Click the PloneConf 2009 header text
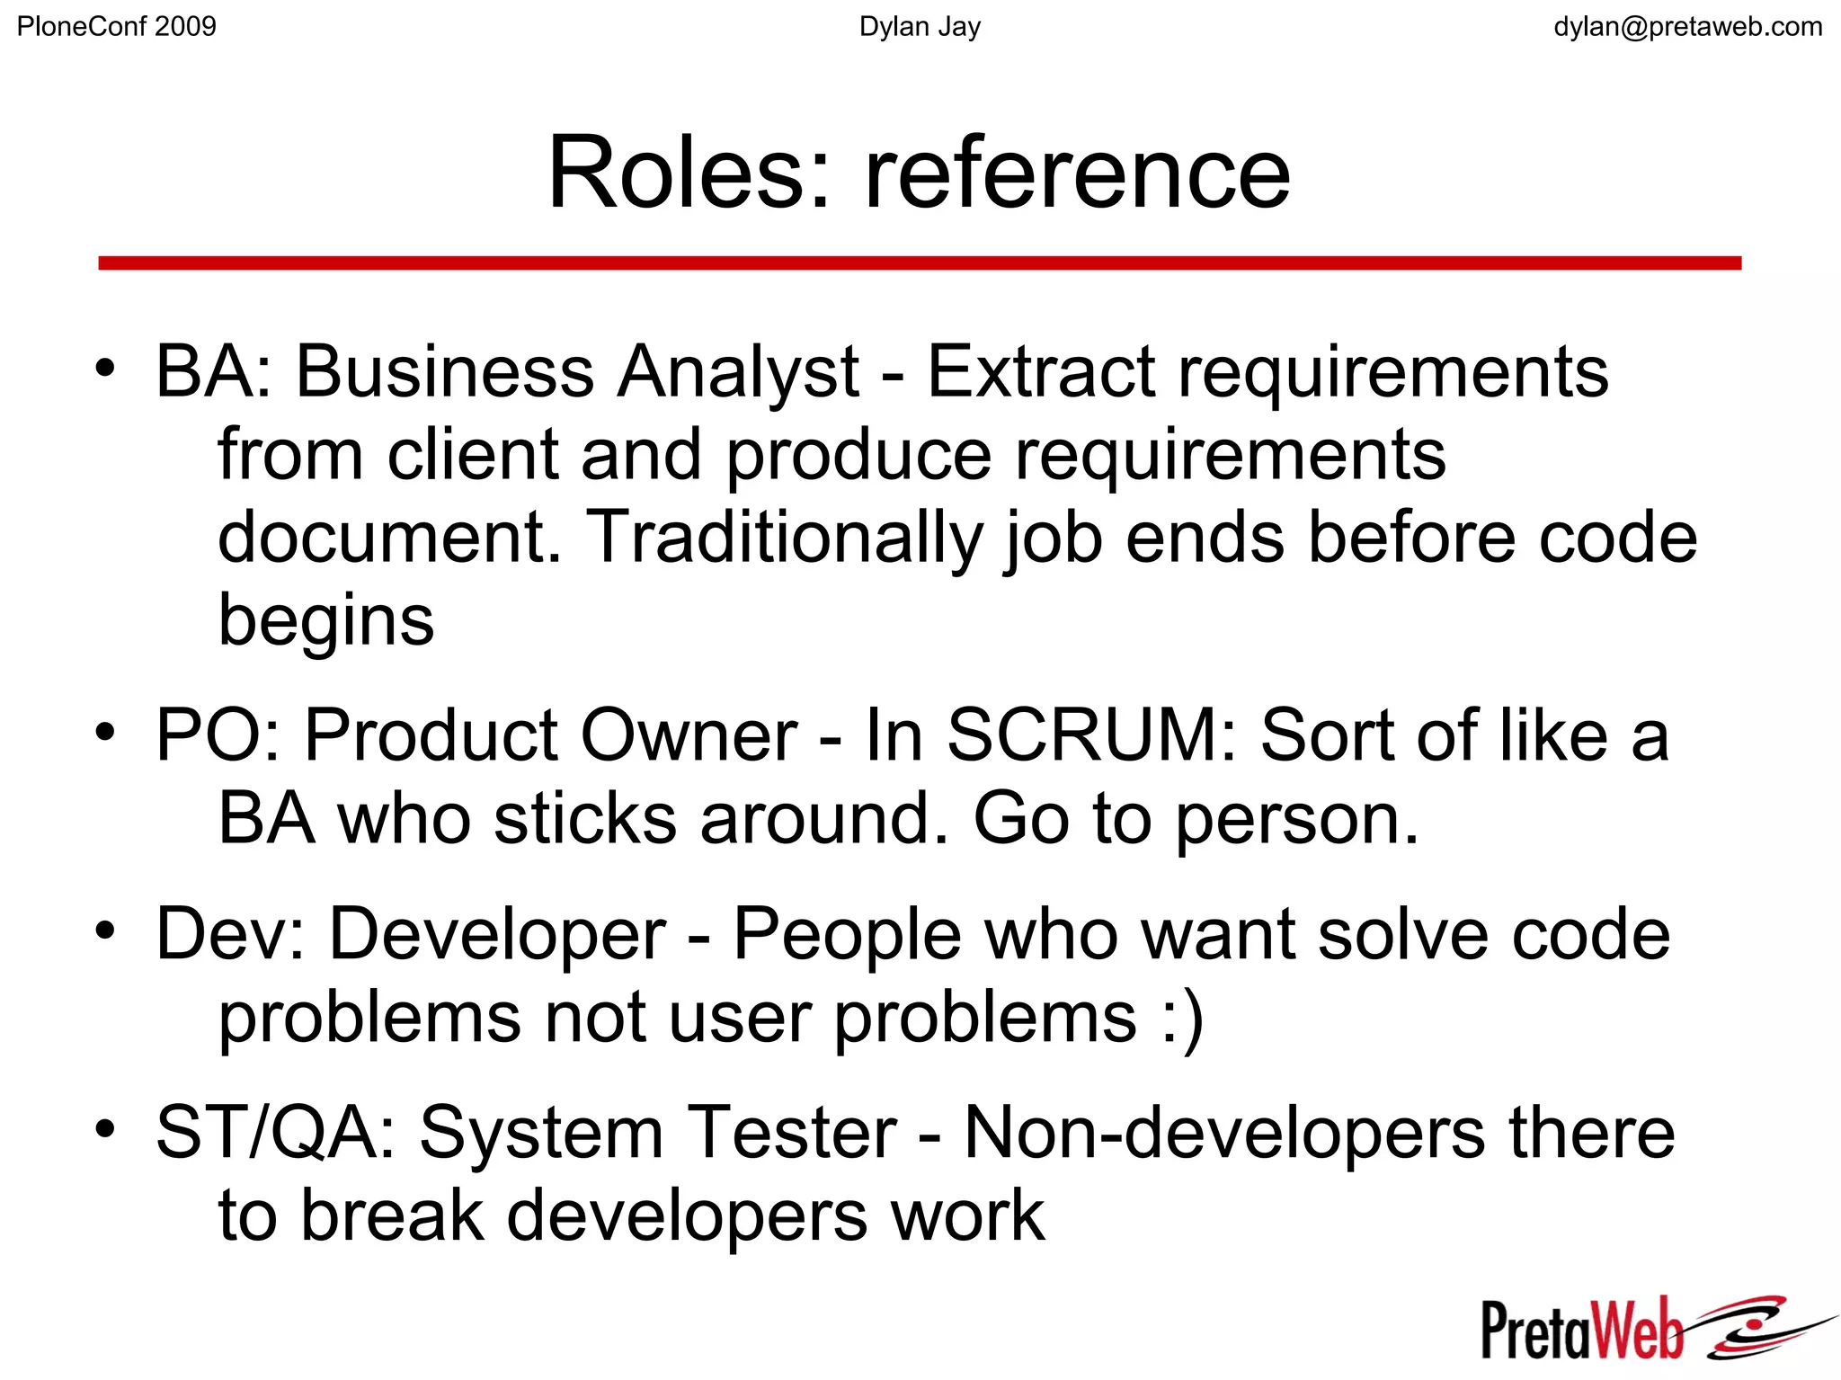[x=117, y=27]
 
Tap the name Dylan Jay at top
[x=920, y=27]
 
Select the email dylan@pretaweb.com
[x=1687, y=27]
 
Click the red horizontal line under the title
[x=920, y=263]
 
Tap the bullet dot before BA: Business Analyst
[x=106, y=369]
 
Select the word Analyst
[x=738, y=373]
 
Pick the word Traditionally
[x=782, y=539]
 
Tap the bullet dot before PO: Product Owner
[x=106, y=733]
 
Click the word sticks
[x=584, y=819]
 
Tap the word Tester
[x=792, y=1133]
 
